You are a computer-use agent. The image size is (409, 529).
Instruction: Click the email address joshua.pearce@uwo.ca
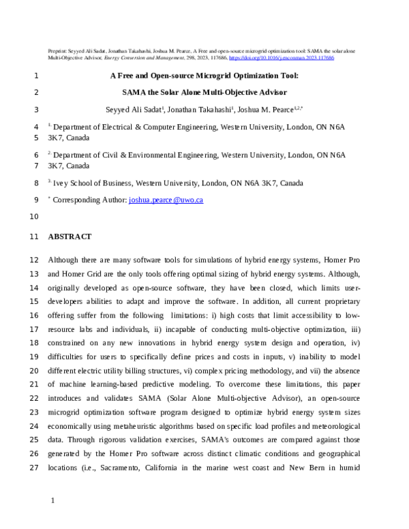[x=166, y=200]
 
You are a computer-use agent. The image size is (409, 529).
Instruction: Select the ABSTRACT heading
[x=70, y=237]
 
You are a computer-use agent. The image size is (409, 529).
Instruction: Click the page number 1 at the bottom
[x=53, y=501]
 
